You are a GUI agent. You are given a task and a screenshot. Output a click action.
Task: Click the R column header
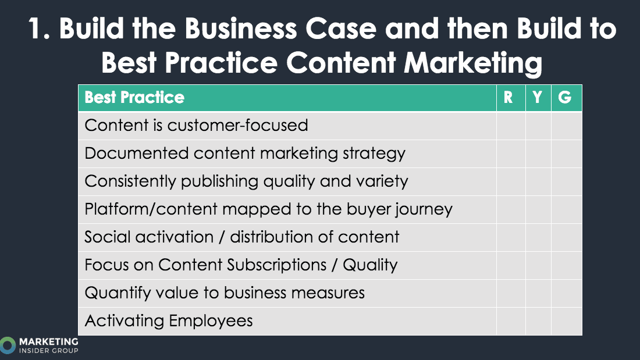(508, 98)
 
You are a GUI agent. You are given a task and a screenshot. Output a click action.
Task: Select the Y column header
(537, 98)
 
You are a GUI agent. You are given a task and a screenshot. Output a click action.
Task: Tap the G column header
(565, 98)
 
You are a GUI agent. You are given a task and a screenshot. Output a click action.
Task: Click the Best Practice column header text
(134, 98)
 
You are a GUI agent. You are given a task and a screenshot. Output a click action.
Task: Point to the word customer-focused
(237, 125)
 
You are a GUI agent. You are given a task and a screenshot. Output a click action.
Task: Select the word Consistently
(130, 181)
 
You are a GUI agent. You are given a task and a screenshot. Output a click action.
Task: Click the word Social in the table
(108, 237)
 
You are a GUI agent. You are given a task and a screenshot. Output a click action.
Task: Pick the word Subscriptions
(277, 265)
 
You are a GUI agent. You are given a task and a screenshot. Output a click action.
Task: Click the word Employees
(211, 321)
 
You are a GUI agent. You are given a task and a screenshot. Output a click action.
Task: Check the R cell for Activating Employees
(511, 321)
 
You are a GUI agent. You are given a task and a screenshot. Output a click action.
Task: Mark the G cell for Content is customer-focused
(567, 126)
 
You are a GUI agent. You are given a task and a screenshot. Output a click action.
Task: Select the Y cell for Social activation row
(538, 237)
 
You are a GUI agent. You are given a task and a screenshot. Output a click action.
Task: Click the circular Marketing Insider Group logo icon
(8, 345)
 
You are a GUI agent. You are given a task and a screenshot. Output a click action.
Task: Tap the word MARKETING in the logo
(48, 341)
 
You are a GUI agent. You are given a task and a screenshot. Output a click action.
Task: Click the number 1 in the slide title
(36, 28)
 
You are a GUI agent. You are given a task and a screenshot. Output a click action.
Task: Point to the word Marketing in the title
(473, 63)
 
